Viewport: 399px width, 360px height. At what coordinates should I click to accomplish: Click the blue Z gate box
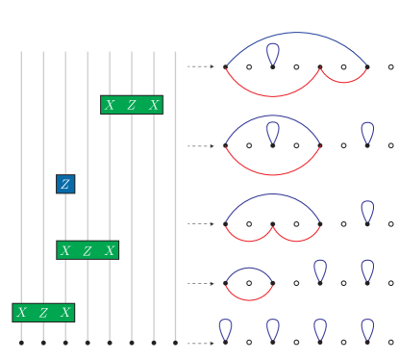pyautogui.click(x=65, y=184)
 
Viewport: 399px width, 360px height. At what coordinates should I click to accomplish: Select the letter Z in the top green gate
pyautogui.click(x=132, y=105)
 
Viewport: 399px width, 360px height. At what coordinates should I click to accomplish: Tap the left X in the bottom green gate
pyautogui.click(x=21, y=312)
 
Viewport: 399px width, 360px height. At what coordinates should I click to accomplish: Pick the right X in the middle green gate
pyautogui.click(x=111, y=250)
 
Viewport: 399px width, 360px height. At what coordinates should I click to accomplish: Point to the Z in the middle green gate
pyautogui.click(x=87, y=250)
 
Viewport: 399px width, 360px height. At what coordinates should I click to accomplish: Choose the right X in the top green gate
pyautogui.click(x=154, y=105)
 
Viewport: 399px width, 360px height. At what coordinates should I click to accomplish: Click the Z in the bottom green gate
pyautogui.click(x=43, y=312)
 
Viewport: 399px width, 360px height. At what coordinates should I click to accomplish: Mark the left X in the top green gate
pyautogui.click(x=110, y=105)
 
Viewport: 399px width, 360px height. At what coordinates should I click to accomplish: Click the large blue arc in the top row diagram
pyautogui.click(x=296, y=34)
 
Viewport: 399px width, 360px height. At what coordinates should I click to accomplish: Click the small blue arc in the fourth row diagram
pyautogui.click(x=249, y=269)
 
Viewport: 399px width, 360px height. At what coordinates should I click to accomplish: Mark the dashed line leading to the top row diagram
pyautogui.click(x=200, y=66)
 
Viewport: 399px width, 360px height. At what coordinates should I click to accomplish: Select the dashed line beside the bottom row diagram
pyautogui.click(x=200, y=343)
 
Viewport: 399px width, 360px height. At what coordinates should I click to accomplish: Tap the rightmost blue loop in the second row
pyautogui.click(x=367, y=132)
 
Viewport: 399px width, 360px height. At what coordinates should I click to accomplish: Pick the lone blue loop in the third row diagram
pyautogui.click(x=367, y=211)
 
